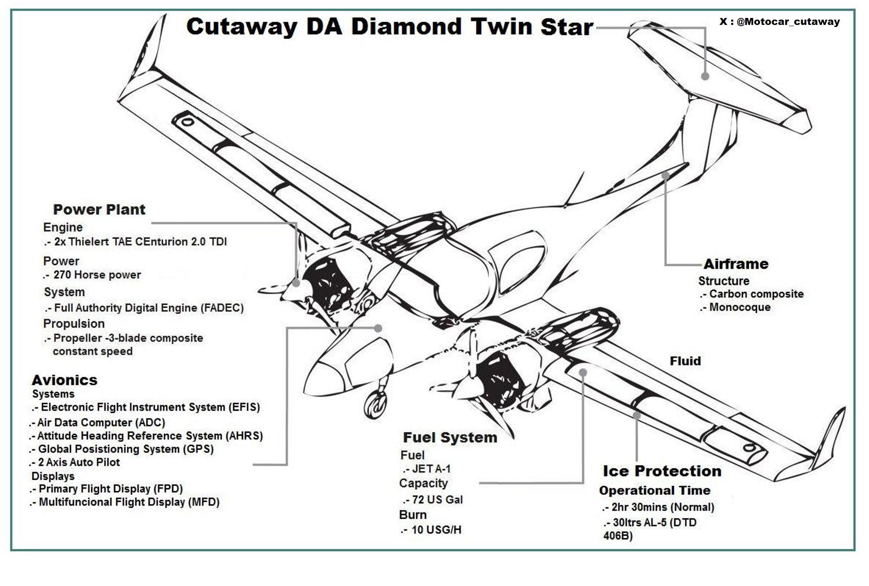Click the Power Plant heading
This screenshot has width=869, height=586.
coord(99,209)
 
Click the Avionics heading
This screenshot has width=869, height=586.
coord(65,380)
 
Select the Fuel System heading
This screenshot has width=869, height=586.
coord(450,437)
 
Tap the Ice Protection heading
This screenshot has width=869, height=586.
coord(662,471)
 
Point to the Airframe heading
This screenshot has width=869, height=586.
coord(735,264)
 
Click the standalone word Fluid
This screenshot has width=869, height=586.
coord(685,361)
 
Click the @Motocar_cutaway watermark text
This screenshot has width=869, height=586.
coord(780,22)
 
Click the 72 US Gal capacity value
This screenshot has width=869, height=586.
coord(437,499)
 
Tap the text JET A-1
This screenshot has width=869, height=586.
coord(431,469)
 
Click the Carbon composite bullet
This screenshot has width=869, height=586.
coord(756,294)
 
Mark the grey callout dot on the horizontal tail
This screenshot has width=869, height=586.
coord(705,76)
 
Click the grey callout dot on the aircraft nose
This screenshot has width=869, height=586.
coord(378,328)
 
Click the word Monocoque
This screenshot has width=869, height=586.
coord(740,307)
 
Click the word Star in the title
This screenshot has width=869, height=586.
coord(566,27)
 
